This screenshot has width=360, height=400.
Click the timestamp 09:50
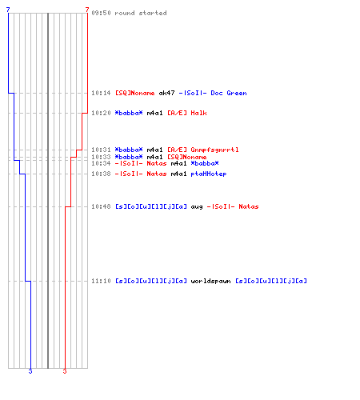(101, 13)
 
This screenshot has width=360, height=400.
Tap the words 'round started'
(141, 13)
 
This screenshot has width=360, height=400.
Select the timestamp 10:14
(101, 93)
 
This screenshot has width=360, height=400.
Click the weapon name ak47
(166, 93)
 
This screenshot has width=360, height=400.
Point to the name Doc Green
(229, 93)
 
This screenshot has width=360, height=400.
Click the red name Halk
(198, 113)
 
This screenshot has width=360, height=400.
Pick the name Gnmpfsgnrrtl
(214, 150)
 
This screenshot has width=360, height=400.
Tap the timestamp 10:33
(101, 157)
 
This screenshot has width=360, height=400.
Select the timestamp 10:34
(101, 163)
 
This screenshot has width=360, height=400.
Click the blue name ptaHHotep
(209, 174)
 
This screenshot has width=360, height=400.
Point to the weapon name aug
(197, 207)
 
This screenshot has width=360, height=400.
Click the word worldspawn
(210, 281)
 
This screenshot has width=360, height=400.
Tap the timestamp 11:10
(101, 281)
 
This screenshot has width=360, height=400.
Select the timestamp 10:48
(101, 206)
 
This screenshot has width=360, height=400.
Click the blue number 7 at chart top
(8, 10)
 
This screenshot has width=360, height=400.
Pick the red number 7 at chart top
(87, 10)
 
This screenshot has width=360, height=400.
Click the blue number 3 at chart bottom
(30, 371)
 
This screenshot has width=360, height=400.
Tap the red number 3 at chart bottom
(65, 371)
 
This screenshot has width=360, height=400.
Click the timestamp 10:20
(101, 113)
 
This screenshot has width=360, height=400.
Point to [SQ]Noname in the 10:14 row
(135, 93)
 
